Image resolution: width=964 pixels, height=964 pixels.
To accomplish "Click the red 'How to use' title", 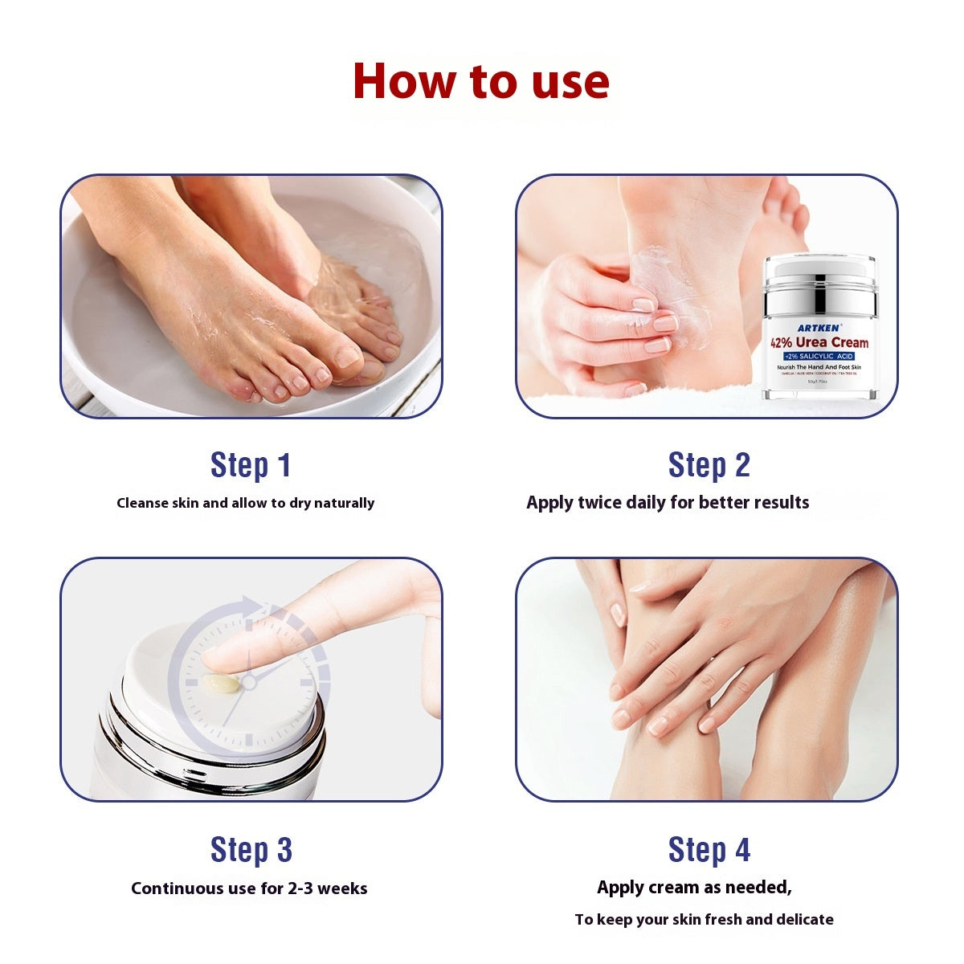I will (480, 81).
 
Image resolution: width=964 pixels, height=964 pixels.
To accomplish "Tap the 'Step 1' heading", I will (250, 465).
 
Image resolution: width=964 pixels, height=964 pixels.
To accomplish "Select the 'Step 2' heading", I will (709, 465).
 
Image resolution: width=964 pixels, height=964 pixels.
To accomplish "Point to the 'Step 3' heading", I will (251, 850).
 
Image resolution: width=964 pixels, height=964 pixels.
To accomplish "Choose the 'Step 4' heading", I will (709, 850).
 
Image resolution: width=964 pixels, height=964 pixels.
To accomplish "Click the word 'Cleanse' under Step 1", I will (143, 503).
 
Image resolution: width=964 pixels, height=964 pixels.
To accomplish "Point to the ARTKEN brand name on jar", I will (819, 328).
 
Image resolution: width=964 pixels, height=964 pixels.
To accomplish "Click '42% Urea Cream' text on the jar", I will (819, 343).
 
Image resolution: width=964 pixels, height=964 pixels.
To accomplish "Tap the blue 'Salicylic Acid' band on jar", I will (819, 356).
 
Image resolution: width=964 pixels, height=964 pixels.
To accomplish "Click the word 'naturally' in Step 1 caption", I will (344, 503).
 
